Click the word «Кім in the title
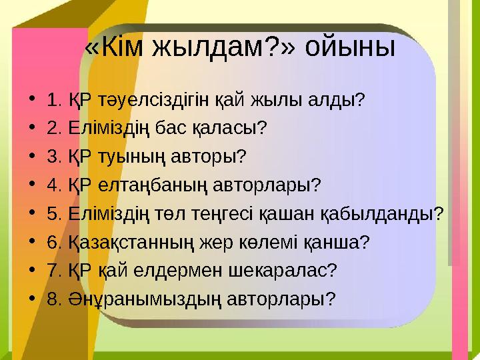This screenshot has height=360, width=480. point(115,47)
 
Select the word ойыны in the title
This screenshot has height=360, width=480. point(353,47)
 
